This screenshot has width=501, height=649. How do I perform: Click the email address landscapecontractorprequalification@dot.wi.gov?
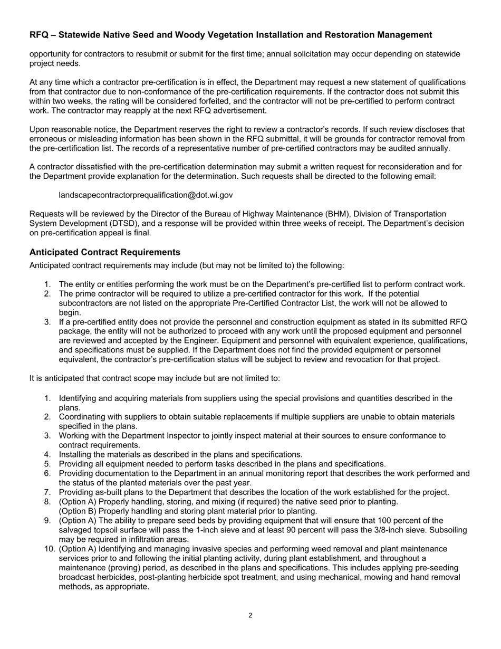tap(146, 195)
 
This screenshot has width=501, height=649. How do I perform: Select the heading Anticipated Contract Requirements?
tap(104, 252)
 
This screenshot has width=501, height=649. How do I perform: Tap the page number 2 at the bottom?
tap(250, 615)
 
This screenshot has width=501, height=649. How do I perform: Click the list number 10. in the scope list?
tap(50, 549)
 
